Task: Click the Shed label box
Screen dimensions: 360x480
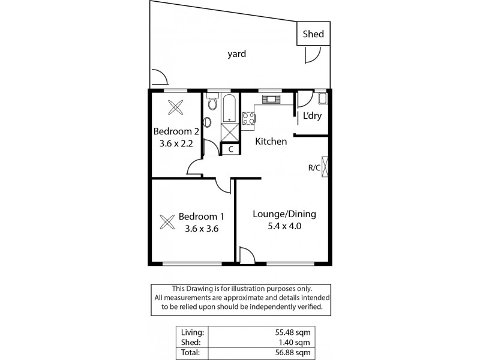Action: tap(313, 34)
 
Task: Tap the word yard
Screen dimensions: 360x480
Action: tap(236, 54)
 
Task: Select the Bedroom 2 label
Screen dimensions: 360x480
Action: tap(176, 131)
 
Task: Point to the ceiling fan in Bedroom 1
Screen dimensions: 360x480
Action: tap(166, 221)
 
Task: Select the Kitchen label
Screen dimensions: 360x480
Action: tap(271, 142)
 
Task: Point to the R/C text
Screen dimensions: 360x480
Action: tap(313, 168)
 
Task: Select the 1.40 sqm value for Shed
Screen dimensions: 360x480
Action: tap(296, 342)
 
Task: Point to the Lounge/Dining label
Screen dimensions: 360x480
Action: tap(284, 214)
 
